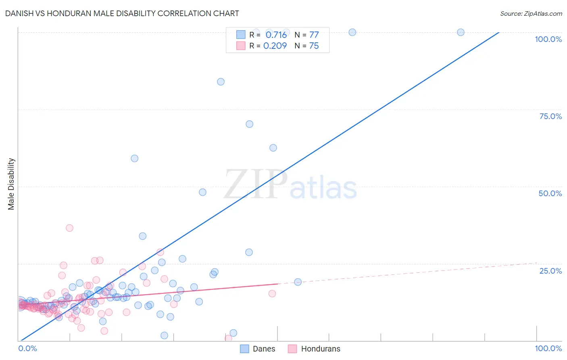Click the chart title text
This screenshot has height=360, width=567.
(122, 13)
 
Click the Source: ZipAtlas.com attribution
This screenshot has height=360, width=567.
(531, 13)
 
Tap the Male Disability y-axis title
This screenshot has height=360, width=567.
(11, 184)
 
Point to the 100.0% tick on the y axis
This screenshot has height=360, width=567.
(548, 39)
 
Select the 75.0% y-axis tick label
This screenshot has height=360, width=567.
(550, 116)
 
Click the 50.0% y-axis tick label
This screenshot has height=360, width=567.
(550, 193)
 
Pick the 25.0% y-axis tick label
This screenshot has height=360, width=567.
(550, 271)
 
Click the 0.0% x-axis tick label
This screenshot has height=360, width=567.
(27, 348)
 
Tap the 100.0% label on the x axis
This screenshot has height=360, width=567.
(548, 348)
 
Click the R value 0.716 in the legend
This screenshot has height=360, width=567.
(276, 35)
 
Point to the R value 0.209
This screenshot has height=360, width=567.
(275, 46)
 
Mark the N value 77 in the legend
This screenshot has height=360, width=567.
(314, 35)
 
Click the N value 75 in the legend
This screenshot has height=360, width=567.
(314, 46)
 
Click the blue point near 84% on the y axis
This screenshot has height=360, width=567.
(221, 82)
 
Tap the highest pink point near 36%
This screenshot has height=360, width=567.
(69, 228)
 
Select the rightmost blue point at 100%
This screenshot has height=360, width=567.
(461, 32)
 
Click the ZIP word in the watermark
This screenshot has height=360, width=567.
(255, 184)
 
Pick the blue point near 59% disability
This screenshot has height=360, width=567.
(135, 159)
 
